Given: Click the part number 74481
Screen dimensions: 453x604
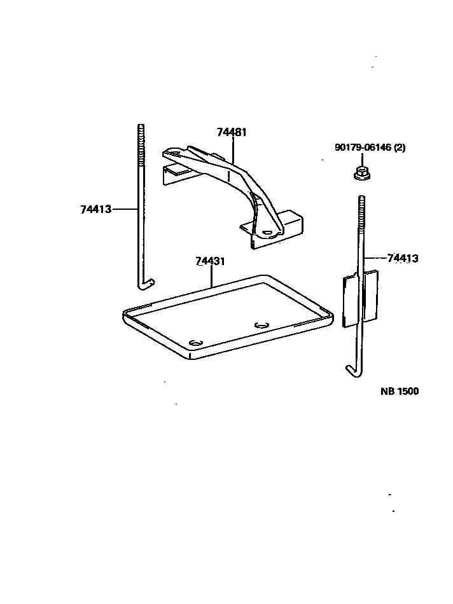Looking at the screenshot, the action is pyautogui.click(x=232, y=132).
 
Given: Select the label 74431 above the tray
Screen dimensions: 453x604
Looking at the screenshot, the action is pyautogui.click(x=211, y=261).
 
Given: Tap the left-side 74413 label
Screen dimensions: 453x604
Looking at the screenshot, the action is pyautogui.click(x=96, y=209).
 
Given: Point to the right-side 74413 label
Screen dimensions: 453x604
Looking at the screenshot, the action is pyautogui.click(x=403, y=258).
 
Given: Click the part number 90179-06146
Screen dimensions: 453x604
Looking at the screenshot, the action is pyautogui.click(x=363, y=148).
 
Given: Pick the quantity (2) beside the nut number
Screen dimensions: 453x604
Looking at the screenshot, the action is pyautogui.click(x=400, y=148).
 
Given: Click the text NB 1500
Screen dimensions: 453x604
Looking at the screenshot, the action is pyautogui.click(x=400, y=392).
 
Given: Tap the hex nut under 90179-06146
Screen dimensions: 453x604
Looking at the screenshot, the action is pyautogui.click(x=359, y=172).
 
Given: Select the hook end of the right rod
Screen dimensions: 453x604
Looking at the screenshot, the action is pyautogui.click(x=352, y=369).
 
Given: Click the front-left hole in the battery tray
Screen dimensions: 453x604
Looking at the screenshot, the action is pyautogui.click(x=197, y=342).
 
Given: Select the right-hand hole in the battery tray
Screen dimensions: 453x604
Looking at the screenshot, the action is pyautogui.click(x=261, y=326).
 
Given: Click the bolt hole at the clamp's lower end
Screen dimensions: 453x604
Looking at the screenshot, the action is pyautogui.click(x=267, y=232).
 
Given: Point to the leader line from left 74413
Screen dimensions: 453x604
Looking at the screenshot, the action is pyautogui.click(x=125, y=209).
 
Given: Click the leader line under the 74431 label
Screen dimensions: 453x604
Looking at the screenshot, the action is pyautogui.click(x=211, y=277).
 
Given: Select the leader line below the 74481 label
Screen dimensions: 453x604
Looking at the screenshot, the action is pyautogui.click(x=232, y=150).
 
